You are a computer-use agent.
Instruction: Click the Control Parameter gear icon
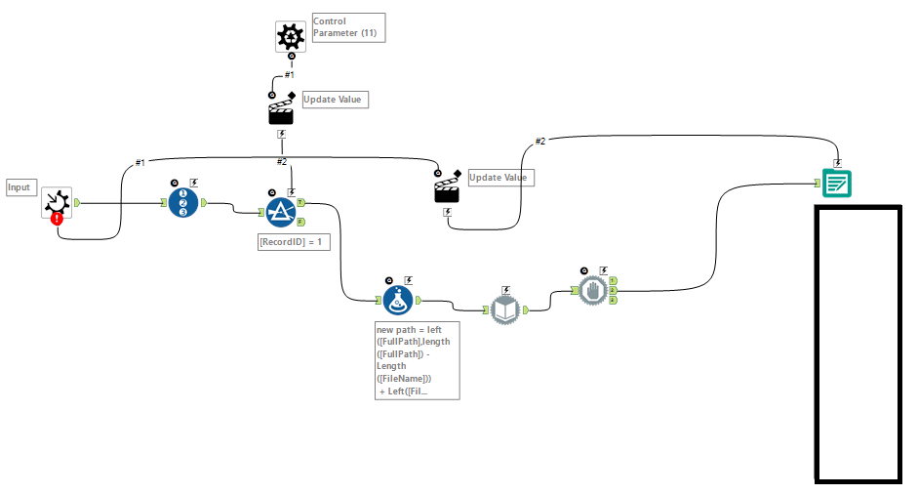click(x=290, y=36)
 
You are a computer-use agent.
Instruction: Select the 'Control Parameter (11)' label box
click(x=347, y=27)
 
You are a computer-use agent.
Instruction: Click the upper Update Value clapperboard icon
click(x=281, y=109)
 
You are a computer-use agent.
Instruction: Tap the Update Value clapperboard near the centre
click(x=447, y=187)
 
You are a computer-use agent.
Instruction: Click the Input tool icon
click(x=57, y=202)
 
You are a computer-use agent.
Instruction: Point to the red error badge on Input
click(x=58, y=219)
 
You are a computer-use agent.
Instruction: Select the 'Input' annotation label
click(x=20, y=186)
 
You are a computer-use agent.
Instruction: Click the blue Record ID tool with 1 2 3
click(x=183, y=203)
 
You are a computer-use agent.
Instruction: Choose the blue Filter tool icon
click(x=281, y=212)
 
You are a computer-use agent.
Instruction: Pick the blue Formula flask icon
click(x=398, y=301)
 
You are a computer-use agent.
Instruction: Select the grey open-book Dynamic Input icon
click(x=505, y=310)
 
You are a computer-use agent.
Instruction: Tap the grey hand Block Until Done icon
click(x=592, y=290)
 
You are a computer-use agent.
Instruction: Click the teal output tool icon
click(x=837, y=183)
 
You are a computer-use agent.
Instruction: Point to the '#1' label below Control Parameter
click(x=289, y=74)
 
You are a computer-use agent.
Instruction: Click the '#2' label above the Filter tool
click(x=281, y=161)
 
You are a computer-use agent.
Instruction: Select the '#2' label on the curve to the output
click(x=540, y=142)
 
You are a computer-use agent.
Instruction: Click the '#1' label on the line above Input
click(x=140, y=162)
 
